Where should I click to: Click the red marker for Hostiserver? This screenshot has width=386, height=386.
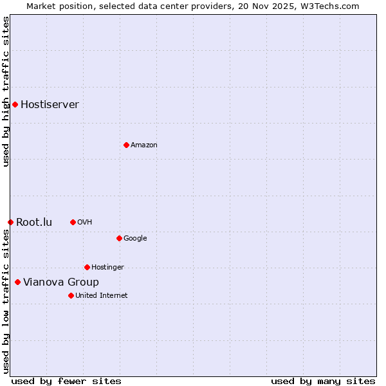(15, 104)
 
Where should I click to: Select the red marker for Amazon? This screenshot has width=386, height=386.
(126, 145)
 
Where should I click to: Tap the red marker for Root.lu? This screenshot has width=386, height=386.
(10, 222)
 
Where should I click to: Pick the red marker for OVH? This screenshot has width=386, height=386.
(73, 222)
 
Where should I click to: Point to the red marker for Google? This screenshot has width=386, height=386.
(119, 238)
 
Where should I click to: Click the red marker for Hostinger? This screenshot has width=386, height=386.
(87, 267)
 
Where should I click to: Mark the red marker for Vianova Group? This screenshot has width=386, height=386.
(17, 282)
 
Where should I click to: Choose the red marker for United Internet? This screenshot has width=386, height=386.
(71, 295)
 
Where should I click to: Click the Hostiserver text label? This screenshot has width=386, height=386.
(50, 104)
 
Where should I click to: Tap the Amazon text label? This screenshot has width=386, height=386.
(144, 145)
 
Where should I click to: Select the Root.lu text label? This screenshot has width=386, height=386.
(34, 222)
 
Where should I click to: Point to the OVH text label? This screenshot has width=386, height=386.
(85, 222)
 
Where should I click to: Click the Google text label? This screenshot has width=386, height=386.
(135, 238)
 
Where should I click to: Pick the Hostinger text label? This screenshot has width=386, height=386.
(107, 267)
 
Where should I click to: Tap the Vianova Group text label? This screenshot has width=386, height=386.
(61, 282)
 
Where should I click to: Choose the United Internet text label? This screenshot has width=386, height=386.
(102, 295)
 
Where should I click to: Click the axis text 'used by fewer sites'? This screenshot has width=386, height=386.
(66, 381)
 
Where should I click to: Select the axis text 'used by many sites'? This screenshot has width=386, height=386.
(323, 381)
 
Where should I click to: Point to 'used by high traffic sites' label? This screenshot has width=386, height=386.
(6, 91)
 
